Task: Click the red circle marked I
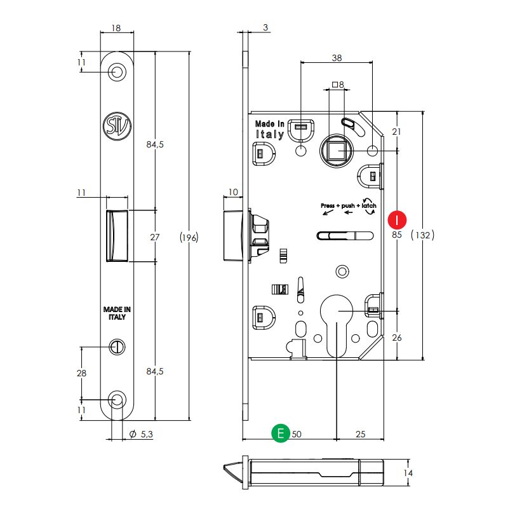(x=397, y=220)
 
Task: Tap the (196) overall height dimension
(x=189, y=237)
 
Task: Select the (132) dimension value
(x=422, y=235)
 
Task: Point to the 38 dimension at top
(x=337, y=57)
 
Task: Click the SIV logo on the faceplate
(x=117, y=126)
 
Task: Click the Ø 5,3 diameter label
(x=142, y=434)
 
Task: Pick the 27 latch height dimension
(x=154, y=237)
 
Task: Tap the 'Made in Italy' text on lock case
(x=269, y=129)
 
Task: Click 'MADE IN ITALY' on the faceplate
(x=117, y=313)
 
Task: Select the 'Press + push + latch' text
(x=349, y=206)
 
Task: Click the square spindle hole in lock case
(x=337, y=151)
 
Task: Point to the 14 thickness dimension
(x=408, y=474)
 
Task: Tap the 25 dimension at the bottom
(x=360, y=434)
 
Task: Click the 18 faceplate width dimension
(x=116, y=29)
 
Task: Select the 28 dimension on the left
(x=81, y=373)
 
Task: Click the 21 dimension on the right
(x=397, y=132)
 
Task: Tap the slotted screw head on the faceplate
(x=117, y=346)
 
